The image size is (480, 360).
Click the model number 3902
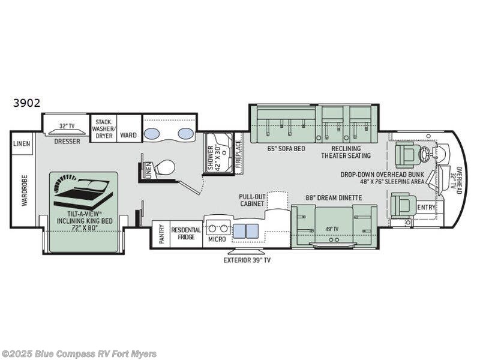click(x=27, y=103)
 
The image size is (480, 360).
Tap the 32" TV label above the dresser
click(x=67, y=126)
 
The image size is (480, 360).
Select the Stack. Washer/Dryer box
click(x=103, y=128)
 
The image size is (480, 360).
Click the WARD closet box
click(x=128, y=136)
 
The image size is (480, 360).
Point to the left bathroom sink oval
click(x=153, y=133)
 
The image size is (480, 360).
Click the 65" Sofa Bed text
click(x=282, y=148)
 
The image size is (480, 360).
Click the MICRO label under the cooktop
click(x=217, y=239)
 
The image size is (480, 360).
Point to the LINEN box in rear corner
click(x=22, y=144)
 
